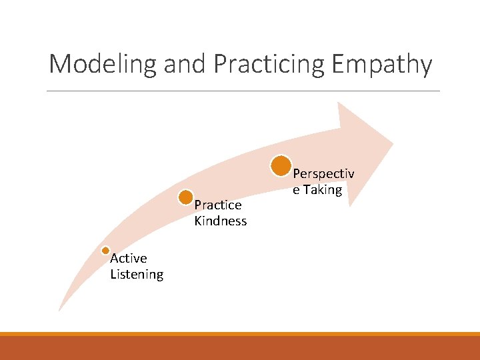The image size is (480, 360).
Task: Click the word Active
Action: (129, 258)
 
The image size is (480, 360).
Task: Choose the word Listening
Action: (137, 274)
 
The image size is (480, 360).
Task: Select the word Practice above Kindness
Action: (218, 205)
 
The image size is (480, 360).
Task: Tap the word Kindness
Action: (221, 221)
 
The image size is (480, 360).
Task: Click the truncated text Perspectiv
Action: (324, 173)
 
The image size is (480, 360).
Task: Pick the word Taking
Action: (323, 189)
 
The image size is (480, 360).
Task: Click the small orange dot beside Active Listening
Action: (105, 251)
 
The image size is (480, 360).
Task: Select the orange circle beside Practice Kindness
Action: (186, 197)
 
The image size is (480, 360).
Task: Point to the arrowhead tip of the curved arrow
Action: (392, 141)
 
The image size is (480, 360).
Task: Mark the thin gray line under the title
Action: (243, 91)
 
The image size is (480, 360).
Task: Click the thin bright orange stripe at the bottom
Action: (240, 334)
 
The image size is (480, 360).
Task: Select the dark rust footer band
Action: (240, 348)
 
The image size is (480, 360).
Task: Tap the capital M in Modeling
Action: (59, 65)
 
